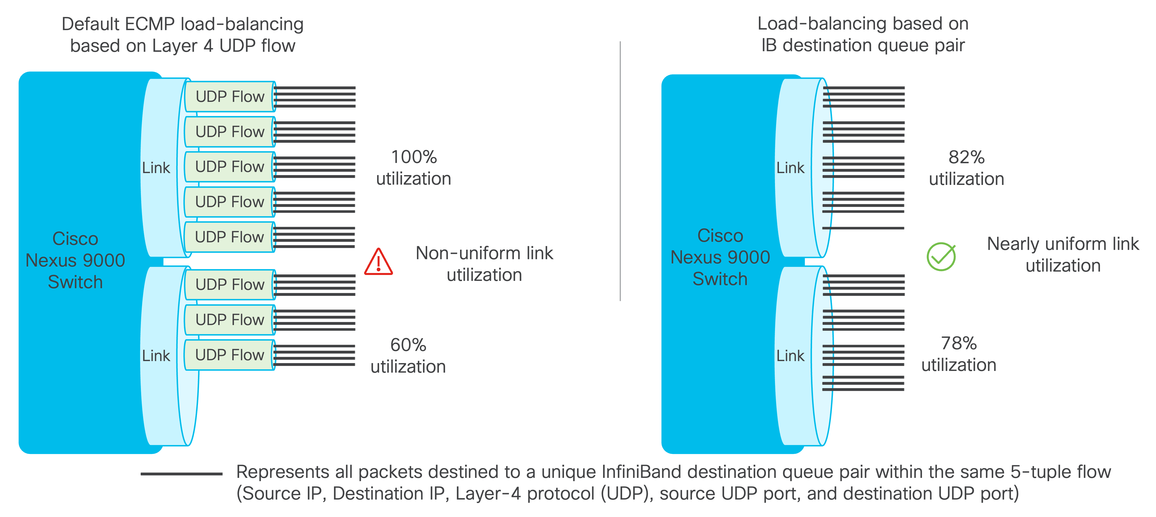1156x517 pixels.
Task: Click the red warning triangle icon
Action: (x=378, y=262)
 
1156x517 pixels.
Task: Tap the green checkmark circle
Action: (x=941, y=256)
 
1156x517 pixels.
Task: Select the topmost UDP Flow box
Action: (x=230, y=97)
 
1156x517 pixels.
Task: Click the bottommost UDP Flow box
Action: (x=230, y=355)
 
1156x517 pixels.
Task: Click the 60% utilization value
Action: (x=408, y=345)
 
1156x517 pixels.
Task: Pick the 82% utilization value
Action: (x=966, y=157)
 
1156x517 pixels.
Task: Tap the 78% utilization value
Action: (x=959, y=343)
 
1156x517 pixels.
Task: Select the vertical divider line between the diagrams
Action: (x=620, y=171)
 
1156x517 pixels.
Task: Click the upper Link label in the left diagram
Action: (x=156, y=168)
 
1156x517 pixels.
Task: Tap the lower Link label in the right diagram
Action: (x=790, y=356)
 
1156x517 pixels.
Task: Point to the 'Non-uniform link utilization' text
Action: (x=484, y=264)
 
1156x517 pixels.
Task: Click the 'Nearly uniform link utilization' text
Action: (x=1063, y=255)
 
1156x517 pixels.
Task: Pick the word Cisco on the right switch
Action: (x=720, y=236)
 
